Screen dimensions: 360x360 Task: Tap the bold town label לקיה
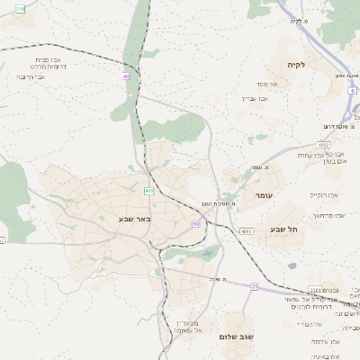pos(296,65)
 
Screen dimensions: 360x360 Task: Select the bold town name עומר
pos(265,195)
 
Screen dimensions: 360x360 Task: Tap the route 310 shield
pos(19,8)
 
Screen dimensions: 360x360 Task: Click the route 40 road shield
pos(127,76)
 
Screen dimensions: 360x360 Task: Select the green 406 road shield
pos(148,191)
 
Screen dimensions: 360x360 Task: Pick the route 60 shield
pos(195,222)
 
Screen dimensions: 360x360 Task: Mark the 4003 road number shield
pos(247,231)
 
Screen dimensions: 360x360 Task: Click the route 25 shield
pos(255,286)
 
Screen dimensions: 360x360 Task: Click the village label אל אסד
pos(276,84)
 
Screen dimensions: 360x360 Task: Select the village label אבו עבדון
pos(256,97)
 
